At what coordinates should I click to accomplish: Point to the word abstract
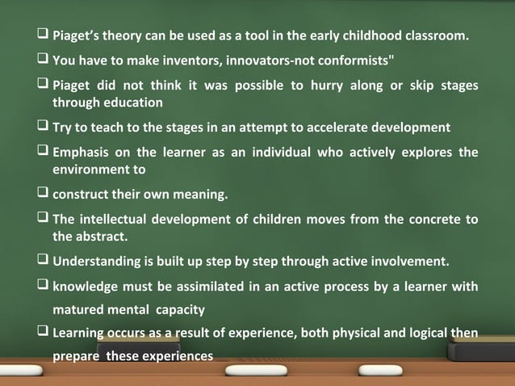(x=100, y=237)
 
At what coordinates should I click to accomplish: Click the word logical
(x=419, y=333)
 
